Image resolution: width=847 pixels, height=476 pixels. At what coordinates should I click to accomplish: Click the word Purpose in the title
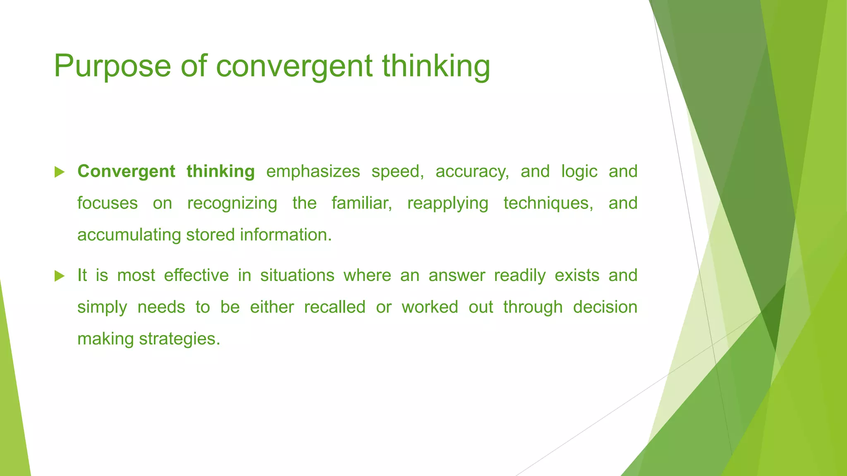point(112,66)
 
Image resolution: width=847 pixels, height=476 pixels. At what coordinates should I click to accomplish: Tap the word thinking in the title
point(436,66)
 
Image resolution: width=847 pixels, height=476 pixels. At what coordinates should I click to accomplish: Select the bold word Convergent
point(126,171)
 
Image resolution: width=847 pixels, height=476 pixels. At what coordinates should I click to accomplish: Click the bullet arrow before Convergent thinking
point(60,172)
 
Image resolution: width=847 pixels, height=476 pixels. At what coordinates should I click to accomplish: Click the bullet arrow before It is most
point(60,276)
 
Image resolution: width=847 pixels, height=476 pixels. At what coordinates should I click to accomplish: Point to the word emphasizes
point(313,171)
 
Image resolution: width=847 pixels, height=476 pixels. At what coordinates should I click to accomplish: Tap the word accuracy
point(472,171)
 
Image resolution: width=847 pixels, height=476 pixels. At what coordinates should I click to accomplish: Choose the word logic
point(579,171)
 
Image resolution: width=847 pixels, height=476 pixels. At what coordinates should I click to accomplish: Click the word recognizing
point(232,203)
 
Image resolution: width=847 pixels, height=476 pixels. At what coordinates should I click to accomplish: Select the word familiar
point(362,203)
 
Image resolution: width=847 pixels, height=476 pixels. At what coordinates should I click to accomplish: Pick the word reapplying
point(447,203)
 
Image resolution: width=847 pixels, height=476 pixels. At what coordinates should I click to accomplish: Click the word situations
point(297,275)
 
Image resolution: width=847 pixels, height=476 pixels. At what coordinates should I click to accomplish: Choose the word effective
point(196,275)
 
